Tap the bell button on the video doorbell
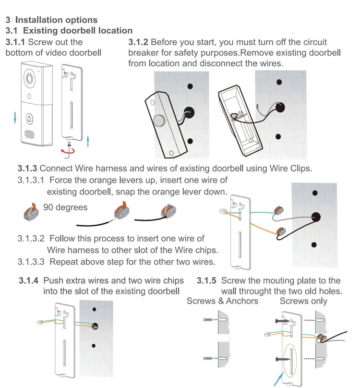click(x=29, y=119)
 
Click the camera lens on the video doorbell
click(x=30, y=78)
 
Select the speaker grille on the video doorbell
click(x=29, y=134)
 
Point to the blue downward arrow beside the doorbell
click(x=15, y=118)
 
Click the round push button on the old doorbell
click(x=159, y=121)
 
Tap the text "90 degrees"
click(x=65, y=207)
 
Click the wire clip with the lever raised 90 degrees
click(x=31, y=212)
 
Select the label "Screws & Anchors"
click(x=222, y=301)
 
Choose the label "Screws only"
click(x=303, y=301)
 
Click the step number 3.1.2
click(x=138, y=42)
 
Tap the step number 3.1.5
click(x=206, y=280)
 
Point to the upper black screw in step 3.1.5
click(x=282, y=321)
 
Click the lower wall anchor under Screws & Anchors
click(x=208, y=358)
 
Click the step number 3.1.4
click(x=29, y=280)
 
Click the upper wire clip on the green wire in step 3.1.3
click(x=278, y=210)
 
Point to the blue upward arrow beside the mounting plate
click(x=88, y=141)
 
